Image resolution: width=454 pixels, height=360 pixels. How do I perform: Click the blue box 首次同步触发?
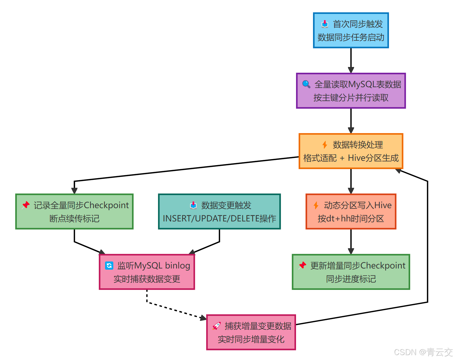point(351,30)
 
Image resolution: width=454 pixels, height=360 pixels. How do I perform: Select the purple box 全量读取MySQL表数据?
point(351,91)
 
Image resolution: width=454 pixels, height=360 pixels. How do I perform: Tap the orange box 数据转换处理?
point(351,151)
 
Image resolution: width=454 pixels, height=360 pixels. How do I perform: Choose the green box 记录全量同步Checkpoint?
point(74,212)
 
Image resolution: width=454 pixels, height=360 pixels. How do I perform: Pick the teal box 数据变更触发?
point(219,212)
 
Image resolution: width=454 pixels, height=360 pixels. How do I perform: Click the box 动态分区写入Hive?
point(351,212)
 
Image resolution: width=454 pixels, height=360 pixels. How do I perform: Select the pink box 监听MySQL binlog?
point(147,272)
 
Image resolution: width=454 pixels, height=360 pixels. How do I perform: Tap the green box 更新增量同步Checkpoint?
point(351,272)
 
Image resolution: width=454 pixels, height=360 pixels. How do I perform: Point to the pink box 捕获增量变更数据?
point(251,332)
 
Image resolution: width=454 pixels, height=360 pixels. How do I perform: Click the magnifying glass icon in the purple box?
point(306,84)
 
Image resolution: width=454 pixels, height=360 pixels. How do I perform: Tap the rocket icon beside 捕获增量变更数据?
point(217,326)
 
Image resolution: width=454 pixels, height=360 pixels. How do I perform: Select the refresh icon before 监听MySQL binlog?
point(109,265)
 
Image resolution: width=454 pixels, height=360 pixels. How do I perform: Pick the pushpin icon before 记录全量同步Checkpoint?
point(26,205)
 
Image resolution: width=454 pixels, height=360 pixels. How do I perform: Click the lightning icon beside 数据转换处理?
point(325,145)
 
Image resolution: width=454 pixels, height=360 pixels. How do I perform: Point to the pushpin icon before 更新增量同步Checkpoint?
point(302,265)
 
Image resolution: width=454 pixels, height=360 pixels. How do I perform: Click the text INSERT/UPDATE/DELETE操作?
point(219,219)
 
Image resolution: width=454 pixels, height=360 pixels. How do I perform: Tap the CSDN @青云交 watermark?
point(423,352)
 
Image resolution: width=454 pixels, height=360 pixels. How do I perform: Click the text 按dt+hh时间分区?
point(351,219)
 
